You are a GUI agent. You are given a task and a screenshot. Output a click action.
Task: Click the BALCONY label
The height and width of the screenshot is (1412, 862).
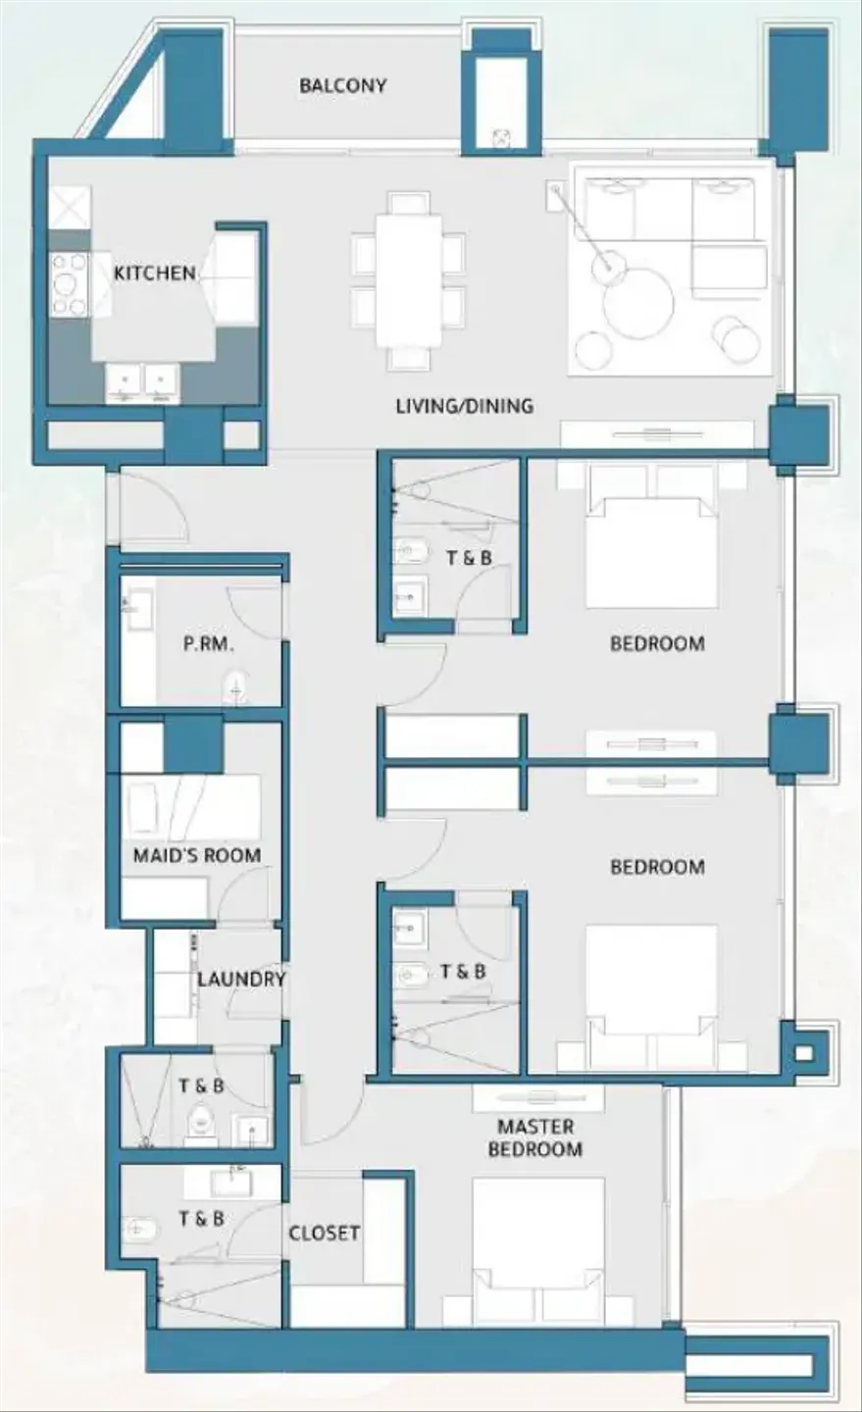342,85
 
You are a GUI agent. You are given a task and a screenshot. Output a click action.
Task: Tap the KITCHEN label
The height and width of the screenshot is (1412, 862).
155,273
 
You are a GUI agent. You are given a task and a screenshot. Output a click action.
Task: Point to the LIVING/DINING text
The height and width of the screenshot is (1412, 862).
465,405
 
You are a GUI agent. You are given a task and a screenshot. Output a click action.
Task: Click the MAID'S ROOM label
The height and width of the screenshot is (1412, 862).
197,855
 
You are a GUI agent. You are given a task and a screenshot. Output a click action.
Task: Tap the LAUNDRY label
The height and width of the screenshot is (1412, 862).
241,980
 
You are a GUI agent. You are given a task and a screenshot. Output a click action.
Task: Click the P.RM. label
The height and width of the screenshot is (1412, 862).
209,645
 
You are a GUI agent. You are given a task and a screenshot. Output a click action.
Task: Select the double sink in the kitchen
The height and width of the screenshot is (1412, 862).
142,381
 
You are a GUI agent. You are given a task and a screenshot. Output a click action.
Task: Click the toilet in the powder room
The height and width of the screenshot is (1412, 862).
236,688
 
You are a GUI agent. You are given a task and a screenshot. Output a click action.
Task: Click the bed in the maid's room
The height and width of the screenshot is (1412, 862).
190,806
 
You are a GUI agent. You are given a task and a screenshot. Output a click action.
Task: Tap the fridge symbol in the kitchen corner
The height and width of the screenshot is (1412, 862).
70,206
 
